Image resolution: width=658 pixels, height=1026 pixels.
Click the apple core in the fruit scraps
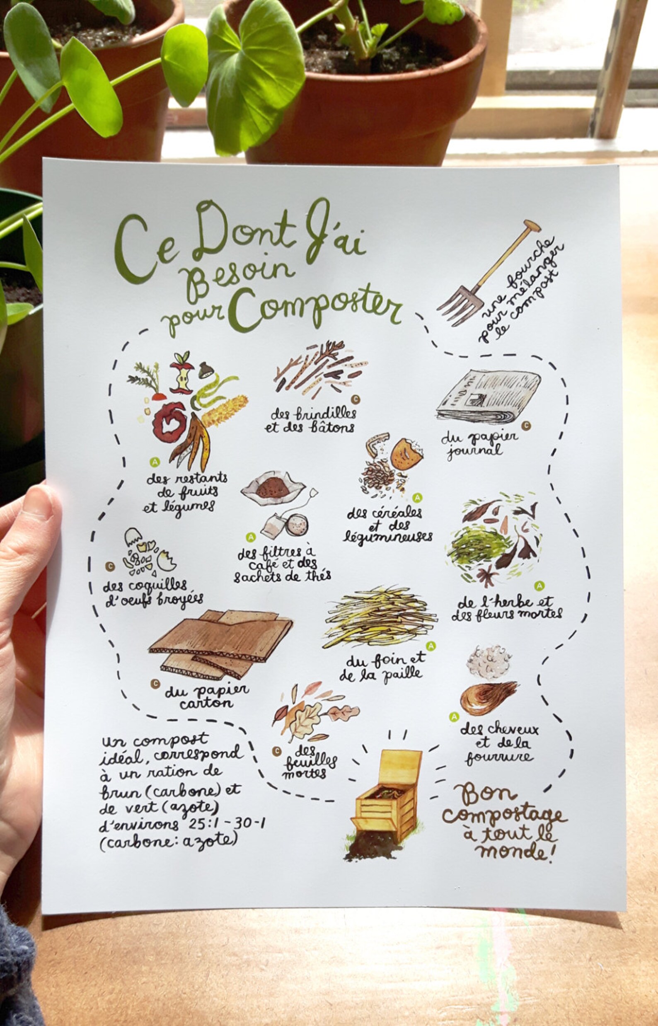(x=182, y=375)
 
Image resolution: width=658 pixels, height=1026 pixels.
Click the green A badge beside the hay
(x=431, y=646)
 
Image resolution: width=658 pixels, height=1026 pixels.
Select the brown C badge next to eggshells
(x=110, y=566)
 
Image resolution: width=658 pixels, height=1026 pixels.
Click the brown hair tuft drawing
(x=487, y=697)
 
